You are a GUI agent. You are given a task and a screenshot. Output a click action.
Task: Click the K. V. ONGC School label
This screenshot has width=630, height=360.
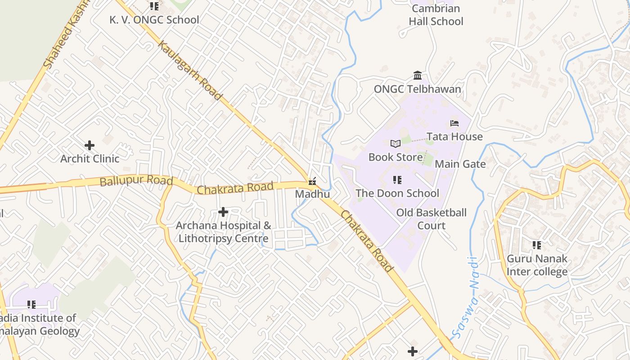(x=154, y=20)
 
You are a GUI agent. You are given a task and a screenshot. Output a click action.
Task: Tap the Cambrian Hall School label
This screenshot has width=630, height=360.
(x=436, y=15)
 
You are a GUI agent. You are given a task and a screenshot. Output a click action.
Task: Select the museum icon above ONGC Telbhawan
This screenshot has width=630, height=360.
(x=418, y=75)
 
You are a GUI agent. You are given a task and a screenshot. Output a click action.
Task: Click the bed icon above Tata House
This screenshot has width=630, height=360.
(x=454, y=123)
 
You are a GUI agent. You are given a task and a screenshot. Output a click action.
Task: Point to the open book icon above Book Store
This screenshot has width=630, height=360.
(x=396, y=144)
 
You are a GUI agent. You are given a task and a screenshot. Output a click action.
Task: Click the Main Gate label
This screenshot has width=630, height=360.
(x=460, y=164)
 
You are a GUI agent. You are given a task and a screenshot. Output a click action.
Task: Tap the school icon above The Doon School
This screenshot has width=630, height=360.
(x=397, y=180)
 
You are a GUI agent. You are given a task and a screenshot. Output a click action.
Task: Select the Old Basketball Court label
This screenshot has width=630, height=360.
(x=431, y=219)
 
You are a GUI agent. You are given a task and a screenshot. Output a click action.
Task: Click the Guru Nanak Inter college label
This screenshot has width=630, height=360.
(x=537, y=265)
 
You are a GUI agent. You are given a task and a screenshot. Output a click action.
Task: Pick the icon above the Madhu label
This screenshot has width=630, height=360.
(x=312, y=181)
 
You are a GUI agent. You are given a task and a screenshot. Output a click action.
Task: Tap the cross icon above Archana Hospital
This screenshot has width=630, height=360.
(x=223, y=212)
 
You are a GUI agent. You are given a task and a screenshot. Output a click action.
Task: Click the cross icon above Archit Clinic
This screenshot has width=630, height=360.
(x=90, y=145)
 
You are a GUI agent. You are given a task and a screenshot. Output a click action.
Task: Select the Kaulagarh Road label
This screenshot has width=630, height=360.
(x=189, y=71)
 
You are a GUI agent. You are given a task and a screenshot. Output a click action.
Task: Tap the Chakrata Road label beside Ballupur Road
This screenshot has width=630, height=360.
(x=235, y=188)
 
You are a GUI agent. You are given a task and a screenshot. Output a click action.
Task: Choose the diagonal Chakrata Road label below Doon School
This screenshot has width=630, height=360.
(x=366, y=241)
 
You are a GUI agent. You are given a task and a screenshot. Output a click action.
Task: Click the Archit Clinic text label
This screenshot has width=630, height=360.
(x=90, y=158)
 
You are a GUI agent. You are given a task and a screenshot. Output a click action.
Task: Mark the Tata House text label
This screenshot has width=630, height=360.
(x=454, y=136)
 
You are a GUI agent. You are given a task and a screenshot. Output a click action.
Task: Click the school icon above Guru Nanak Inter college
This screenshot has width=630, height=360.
(x=537, y=245)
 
